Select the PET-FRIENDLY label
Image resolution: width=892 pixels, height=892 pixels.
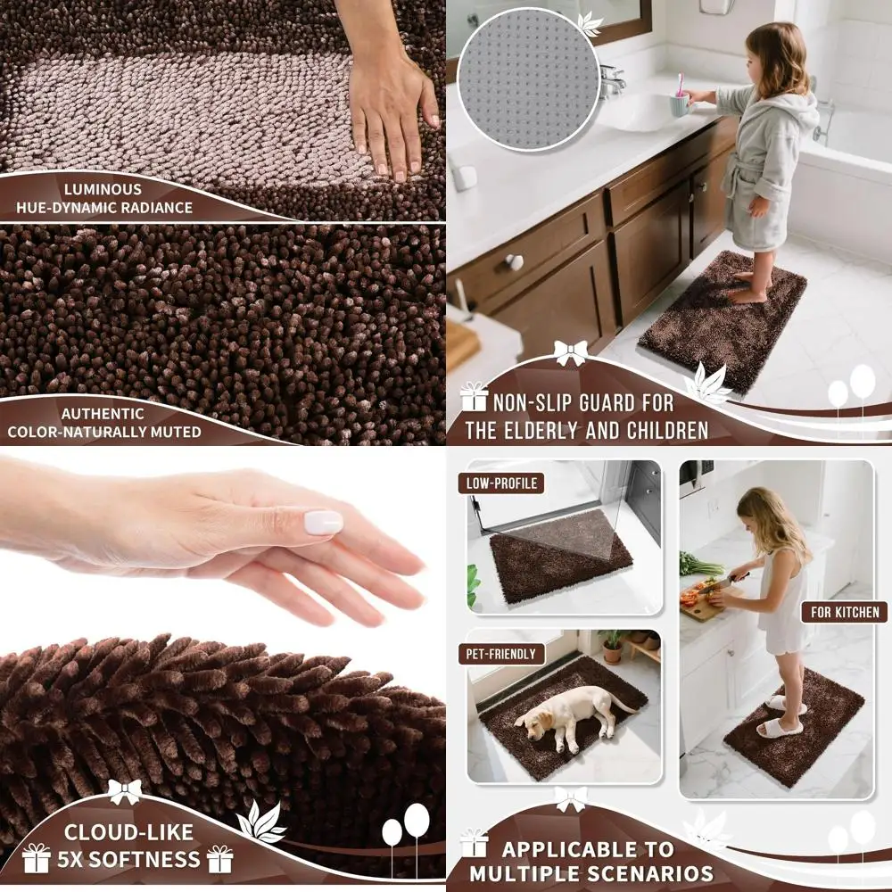click(x=501, y=654)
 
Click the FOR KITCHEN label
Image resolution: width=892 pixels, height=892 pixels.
click(x=844, y=612)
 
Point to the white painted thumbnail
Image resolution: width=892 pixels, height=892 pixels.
click(x=323, y=523)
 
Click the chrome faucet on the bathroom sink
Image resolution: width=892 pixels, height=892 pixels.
click(x=612, y=82)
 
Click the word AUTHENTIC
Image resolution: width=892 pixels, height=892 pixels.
click(x=103, y=414)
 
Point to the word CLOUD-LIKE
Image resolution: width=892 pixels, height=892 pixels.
click(x=128, y=832)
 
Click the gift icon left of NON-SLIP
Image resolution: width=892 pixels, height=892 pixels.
click(x=473, y=397)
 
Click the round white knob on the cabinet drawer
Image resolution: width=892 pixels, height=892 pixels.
click(x=515, y=262)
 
